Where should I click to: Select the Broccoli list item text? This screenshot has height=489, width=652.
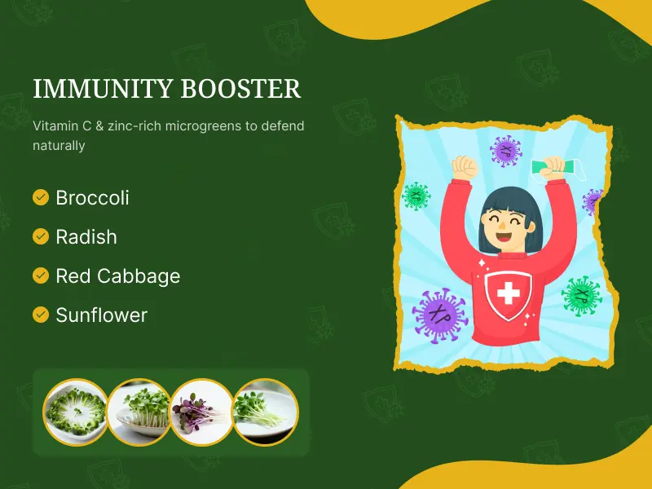click(92, 197)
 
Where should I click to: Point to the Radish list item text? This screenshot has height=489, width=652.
click(86, 236)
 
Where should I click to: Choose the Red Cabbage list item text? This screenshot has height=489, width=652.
click(117, 275)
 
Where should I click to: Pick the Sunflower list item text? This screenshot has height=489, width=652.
click(101, 315)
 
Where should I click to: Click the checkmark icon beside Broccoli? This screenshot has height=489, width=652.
click(40, 197)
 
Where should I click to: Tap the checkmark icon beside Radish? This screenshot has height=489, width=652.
click(40, 236)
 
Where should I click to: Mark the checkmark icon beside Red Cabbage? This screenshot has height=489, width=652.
click(40, 275)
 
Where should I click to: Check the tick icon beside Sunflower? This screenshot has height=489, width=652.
click(40, 315)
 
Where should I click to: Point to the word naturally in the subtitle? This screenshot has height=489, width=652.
click(59, 146)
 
